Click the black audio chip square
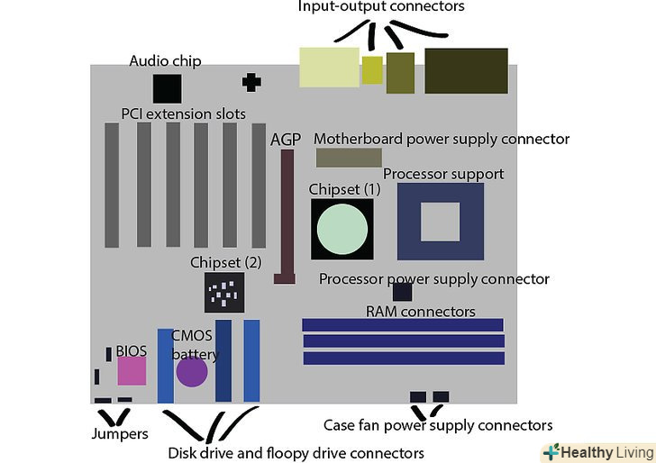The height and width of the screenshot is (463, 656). coord(167,88)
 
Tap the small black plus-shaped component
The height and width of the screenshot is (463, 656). coord(251,82)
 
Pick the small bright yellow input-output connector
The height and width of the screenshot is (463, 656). coord(372,69)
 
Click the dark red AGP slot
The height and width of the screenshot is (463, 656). coord(287,216)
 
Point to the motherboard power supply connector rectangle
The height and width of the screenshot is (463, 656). coord(349,159)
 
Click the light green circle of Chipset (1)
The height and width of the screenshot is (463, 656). coord(342,229)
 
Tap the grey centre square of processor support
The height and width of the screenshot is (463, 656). coord(440,222)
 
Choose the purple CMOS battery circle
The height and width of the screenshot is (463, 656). coord(192,371)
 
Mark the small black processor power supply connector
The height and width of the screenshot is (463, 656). coord(402,292)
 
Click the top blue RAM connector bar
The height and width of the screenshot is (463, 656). coord(402,324)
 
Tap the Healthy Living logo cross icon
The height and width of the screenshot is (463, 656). coord(551,452)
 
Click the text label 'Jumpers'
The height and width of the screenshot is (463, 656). coord(121,434)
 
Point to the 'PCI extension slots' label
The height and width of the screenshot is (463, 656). coord(184,114)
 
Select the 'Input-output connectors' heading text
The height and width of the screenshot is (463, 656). coord(381,7)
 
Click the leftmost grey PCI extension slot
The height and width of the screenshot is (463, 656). coord(112,185)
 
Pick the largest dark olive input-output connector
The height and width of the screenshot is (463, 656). coord(466,71)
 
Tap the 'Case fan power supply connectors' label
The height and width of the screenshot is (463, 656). coord(438,425)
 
